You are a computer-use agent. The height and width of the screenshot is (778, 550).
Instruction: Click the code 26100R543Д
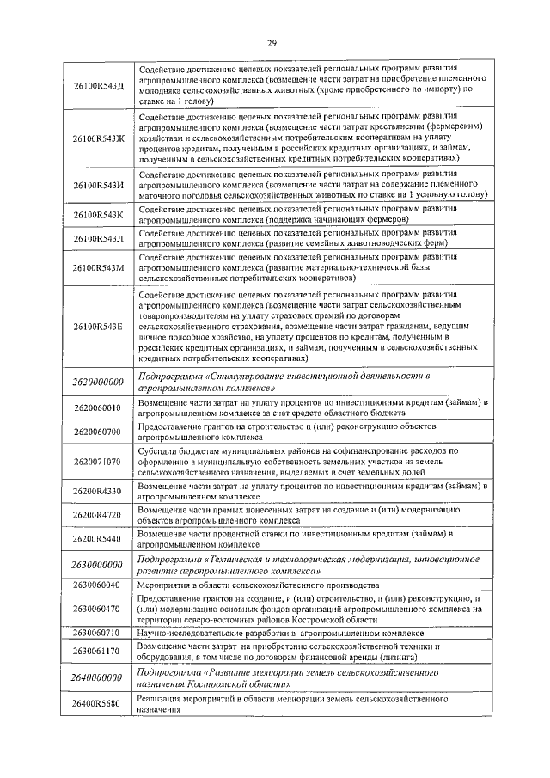(x=98, y=86)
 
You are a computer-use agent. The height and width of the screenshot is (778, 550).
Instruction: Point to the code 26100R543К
(x=98, y=215)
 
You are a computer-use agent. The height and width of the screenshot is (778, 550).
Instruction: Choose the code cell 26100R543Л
(x=98, y=238)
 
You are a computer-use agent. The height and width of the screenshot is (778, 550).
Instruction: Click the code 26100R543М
(x=98, y=268)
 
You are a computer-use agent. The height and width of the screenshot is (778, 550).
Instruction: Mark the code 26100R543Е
(x=98, y=328)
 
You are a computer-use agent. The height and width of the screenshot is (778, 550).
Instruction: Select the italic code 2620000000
(x=98, y=382)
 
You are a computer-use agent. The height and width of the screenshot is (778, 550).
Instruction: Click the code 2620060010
(x=98, y=407)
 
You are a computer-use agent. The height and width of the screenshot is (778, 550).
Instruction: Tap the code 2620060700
(x=98, y=431)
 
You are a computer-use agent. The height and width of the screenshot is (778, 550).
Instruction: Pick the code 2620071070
(x=98, y=461)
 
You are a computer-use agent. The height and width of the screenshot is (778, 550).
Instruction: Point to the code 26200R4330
(x=98, y=491)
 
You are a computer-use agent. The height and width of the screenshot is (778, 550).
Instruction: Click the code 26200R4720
(x=98, y=515)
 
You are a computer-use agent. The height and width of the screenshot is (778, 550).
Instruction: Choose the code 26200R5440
(x=98, y=539)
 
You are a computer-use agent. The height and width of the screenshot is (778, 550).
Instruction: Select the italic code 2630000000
(x=98, y=564)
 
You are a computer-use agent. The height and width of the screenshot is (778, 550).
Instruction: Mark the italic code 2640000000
(x=98, y=677)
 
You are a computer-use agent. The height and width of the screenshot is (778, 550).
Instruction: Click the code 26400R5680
(x=98, y=705)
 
